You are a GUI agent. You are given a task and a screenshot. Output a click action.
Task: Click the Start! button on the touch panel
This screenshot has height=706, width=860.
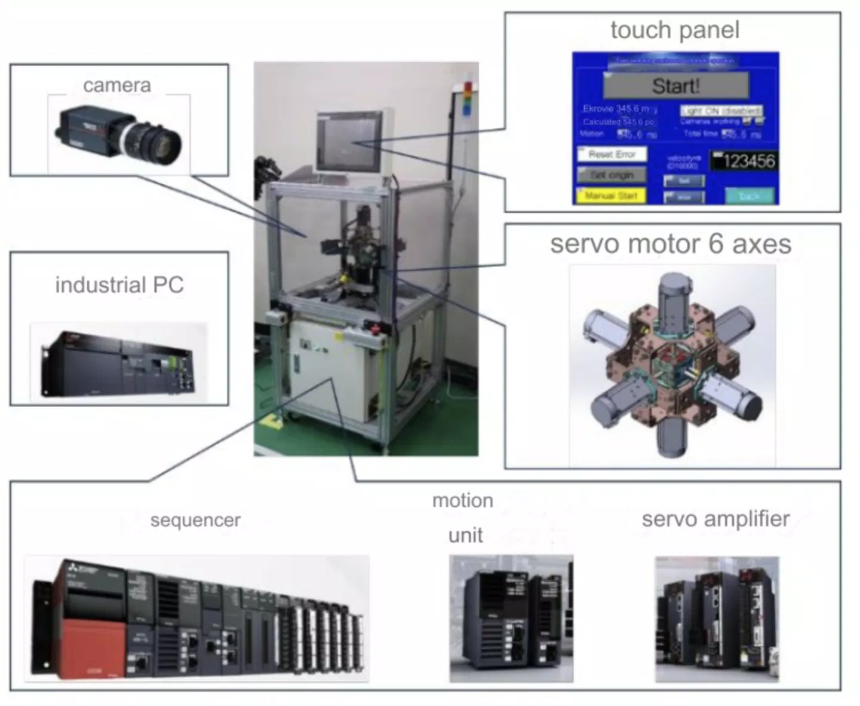[675, 86]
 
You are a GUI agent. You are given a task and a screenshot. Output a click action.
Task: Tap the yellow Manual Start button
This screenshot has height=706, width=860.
[611, 195]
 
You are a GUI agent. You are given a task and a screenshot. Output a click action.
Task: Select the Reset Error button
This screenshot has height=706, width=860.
[612, 154]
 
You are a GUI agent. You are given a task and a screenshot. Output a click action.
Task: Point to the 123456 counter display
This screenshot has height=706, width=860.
[744, 161]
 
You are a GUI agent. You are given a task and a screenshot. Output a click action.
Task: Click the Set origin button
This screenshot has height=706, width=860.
[612, 175]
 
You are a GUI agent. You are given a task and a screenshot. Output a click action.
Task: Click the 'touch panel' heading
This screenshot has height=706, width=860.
[675, 30]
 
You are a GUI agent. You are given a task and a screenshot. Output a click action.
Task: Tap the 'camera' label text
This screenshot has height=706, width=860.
[117, 85]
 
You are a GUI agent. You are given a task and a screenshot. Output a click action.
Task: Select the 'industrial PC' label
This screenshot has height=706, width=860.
[119, 285]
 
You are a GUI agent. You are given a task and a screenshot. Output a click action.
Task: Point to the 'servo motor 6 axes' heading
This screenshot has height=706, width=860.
[671, 244]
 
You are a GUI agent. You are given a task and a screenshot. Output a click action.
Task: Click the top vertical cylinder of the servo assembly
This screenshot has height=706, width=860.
[673, 299]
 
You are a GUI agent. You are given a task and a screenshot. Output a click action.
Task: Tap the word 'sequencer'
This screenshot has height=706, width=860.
[195, 520]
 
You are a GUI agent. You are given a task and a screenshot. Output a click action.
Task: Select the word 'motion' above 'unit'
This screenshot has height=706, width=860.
[463, 500]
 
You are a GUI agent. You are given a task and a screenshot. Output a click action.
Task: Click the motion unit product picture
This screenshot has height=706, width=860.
[511, 619]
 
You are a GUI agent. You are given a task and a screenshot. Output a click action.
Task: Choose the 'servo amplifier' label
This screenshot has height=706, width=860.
[715, 519]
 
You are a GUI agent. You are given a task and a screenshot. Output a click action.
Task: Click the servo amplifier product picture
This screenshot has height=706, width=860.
[717, 619]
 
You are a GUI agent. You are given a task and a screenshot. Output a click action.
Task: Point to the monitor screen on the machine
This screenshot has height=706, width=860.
[349, 141]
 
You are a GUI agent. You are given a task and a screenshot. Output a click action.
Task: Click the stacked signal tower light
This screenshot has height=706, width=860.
[468, 99]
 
